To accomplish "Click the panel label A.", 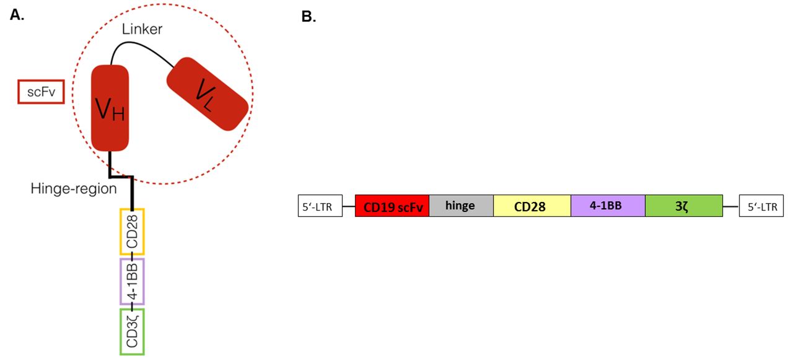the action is click(x=17, y=15).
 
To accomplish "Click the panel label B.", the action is click(x=309, y=17).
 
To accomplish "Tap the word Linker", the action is click(x=142, y=29).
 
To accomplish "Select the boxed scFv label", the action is click(x=41, y=92).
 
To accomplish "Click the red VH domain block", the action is click(x=110, y=108).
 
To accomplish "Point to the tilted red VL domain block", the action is click(x=208, y=94).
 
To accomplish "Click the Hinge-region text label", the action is click(x=74, y=188).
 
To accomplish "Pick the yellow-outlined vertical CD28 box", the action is click(x=132, y=232).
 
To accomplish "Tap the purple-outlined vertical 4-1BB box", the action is click(x=132, y=281).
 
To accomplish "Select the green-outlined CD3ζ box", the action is click(x=132, y=331).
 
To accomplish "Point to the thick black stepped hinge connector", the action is click(x=121, y=176).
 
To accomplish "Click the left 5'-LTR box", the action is click(x=320, y=206).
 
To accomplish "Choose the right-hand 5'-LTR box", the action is click(x=761, y=206).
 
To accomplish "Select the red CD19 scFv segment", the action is click(x=392, y=206).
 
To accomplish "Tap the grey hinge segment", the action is click(x=462, y=206).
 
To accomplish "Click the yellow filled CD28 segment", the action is click(x=532, y=206).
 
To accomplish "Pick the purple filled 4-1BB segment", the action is click(x=608, y=206).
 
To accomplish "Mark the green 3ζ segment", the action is click(x=684, y=206).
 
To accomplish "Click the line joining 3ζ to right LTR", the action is click(x=731, y=206).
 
